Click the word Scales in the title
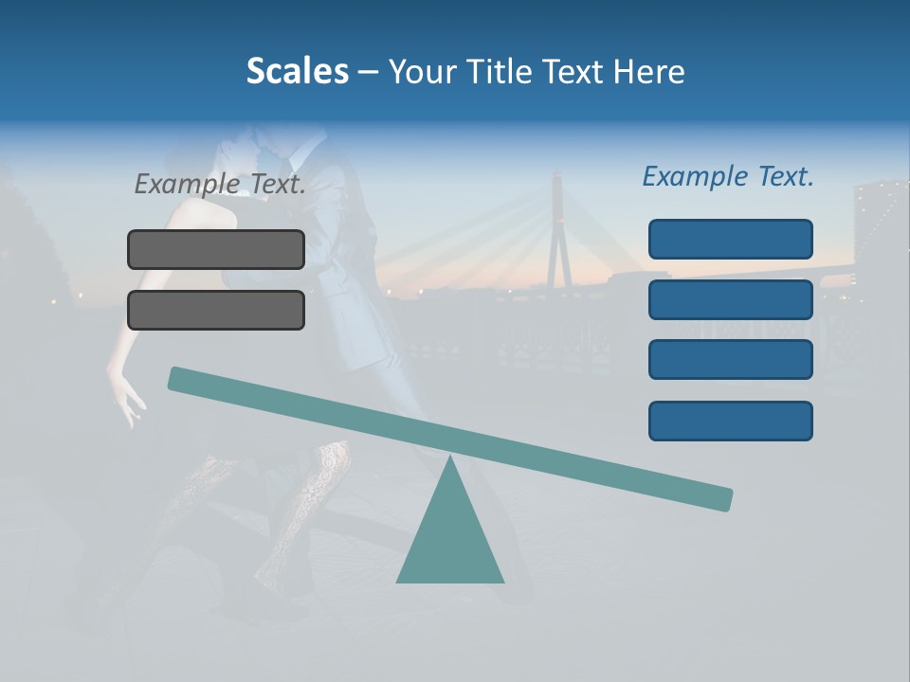tap(297, 71)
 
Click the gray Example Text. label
tap(220, 184)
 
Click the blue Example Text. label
tap(728, 176)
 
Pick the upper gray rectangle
tap(216, 249)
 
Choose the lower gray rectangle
tap(216, 310)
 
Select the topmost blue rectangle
tap(731, 239)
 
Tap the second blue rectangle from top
tap(731, 299)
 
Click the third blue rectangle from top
tap(731, 360)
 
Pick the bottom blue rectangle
tap(731, 421)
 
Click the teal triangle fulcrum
tap(450, 540)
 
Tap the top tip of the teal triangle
tap(450, 458)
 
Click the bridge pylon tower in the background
tap(560, 237)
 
